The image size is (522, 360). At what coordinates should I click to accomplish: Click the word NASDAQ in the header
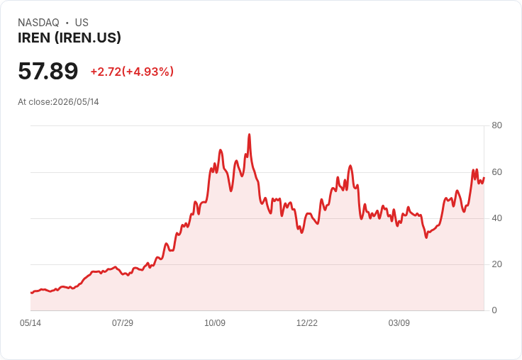tap(38, 23)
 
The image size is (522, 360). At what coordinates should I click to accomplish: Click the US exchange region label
tap(82, 23)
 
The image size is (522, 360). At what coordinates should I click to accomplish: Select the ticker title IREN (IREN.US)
tap(70, 38)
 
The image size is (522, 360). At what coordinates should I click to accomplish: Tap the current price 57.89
tap(48, 71)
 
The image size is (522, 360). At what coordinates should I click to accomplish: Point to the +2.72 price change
tap(106, 72)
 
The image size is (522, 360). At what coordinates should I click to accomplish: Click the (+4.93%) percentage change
tap(148, 72)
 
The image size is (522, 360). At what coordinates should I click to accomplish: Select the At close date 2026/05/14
tap(76, 102)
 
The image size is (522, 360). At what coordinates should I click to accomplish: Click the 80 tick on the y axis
tap(496, 125)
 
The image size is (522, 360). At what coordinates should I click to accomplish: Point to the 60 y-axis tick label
tap(496, 172)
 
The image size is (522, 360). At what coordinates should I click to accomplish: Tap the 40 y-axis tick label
tap(496, 218)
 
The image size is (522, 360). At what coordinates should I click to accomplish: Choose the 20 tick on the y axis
tap(496, 264)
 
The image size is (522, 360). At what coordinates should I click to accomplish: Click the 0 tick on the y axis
tap(494, 310)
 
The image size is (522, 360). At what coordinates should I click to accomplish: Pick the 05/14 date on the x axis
tap(30, 323)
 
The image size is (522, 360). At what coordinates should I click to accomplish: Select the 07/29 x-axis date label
tap(123, 323)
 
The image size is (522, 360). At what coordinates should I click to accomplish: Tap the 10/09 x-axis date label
tap(215, 323)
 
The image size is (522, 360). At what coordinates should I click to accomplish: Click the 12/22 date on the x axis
tap(307, 323)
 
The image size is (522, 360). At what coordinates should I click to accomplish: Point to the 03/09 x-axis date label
tap(399, 323)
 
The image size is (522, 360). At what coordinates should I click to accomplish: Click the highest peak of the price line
tap(249, 135)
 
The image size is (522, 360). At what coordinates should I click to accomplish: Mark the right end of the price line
tap(484, 178)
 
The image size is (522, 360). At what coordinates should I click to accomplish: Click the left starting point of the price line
tap(31, 293)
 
